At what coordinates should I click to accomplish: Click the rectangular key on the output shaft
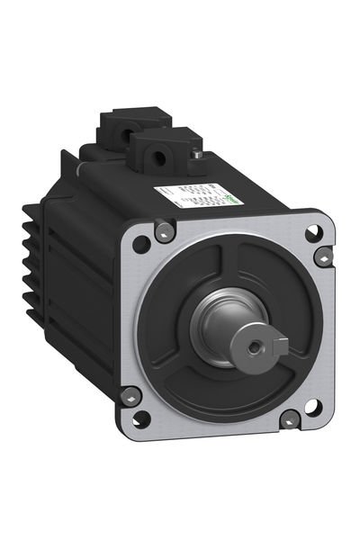pos(280,344)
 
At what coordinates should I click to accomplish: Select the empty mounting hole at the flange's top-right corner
pos(312,231)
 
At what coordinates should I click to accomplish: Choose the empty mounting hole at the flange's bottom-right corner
pos(310,407)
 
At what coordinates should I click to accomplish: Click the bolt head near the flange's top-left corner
pos(163,232)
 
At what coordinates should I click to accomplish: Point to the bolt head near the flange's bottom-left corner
pos(130,393)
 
